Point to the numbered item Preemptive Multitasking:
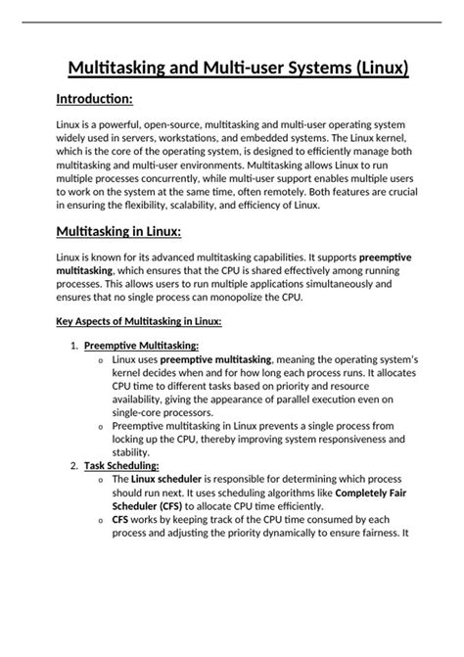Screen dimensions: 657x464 (142, 345)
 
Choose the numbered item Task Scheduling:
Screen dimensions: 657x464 (122, 466)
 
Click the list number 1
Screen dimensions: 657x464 (74, 345)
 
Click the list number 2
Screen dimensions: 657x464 (74, 466)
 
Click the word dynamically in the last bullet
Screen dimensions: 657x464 (294, 534)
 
